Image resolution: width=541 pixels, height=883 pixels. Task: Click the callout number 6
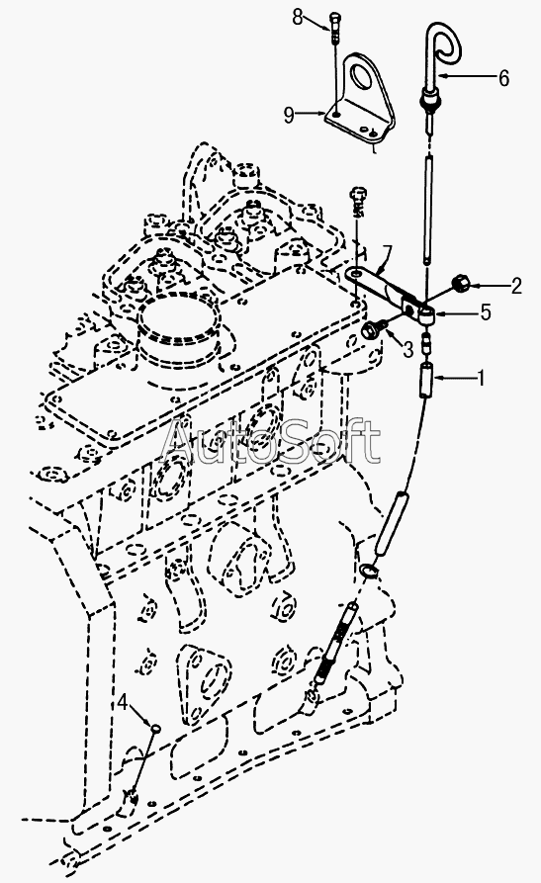tap(503, 77)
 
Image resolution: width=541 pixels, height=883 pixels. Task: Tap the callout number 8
tap(298, 18)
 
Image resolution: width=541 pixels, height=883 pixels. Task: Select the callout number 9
tap(289, 116)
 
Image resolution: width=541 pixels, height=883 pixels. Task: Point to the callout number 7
tap(386, 251)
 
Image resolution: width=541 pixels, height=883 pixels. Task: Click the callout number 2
tap(515, 286)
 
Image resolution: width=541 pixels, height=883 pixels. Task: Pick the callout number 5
tap(486, 312)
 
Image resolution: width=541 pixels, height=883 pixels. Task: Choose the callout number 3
tap(408, 349)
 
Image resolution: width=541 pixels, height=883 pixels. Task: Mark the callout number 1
tap(481, 378)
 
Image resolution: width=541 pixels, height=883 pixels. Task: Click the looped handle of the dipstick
tap(445, 43)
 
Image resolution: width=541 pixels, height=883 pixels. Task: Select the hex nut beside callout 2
tap(462, 283)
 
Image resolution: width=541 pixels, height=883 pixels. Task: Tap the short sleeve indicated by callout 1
tap(426, 379)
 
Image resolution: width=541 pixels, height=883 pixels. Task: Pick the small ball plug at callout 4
tap(154, 729)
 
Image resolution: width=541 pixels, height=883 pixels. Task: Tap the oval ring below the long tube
tap(368, 571)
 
